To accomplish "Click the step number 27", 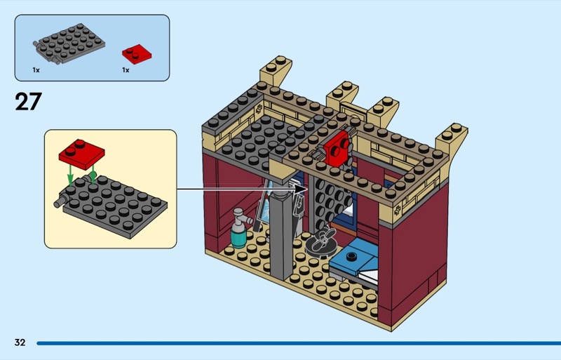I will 28,102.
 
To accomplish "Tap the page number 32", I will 20,342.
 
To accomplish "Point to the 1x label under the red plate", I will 126,70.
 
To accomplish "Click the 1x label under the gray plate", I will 36,70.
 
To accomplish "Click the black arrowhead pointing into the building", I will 302,188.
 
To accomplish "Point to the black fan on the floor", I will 323,241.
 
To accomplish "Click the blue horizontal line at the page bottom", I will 295,343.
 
